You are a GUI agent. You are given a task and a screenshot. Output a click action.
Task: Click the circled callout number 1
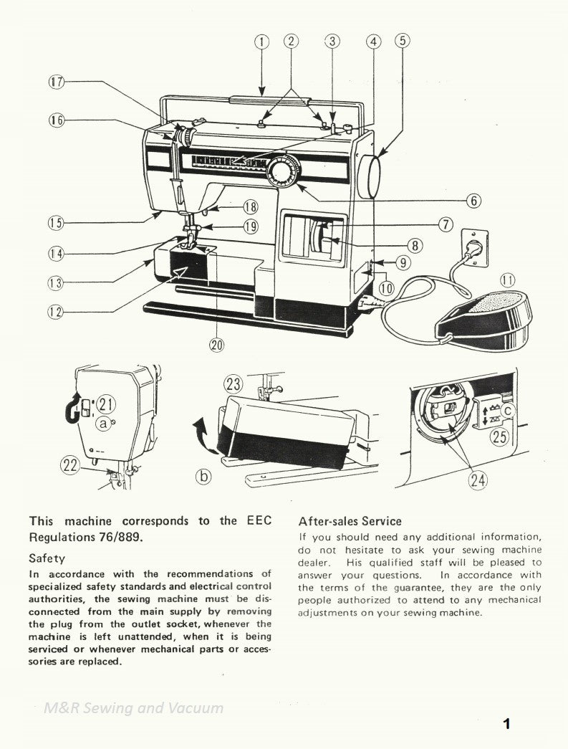pyautogui.click(x=262, y=41)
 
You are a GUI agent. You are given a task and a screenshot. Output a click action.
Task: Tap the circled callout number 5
pyautogui.click(x=403, y=41)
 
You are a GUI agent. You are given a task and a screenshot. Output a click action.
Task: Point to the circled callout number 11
pyautogui.click(x=507, y=280)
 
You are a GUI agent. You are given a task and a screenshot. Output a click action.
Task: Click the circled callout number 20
pyautogui.click(x=216, y=344)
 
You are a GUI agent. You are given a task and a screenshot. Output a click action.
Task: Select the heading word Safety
pyautogui.click(x=47, y=558)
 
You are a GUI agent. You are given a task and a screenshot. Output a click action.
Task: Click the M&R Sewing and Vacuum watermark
pyautogui.click(x=133, y=708)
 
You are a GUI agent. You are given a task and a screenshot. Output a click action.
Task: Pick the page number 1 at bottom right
pyautogui.click(x=506, y=722)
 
